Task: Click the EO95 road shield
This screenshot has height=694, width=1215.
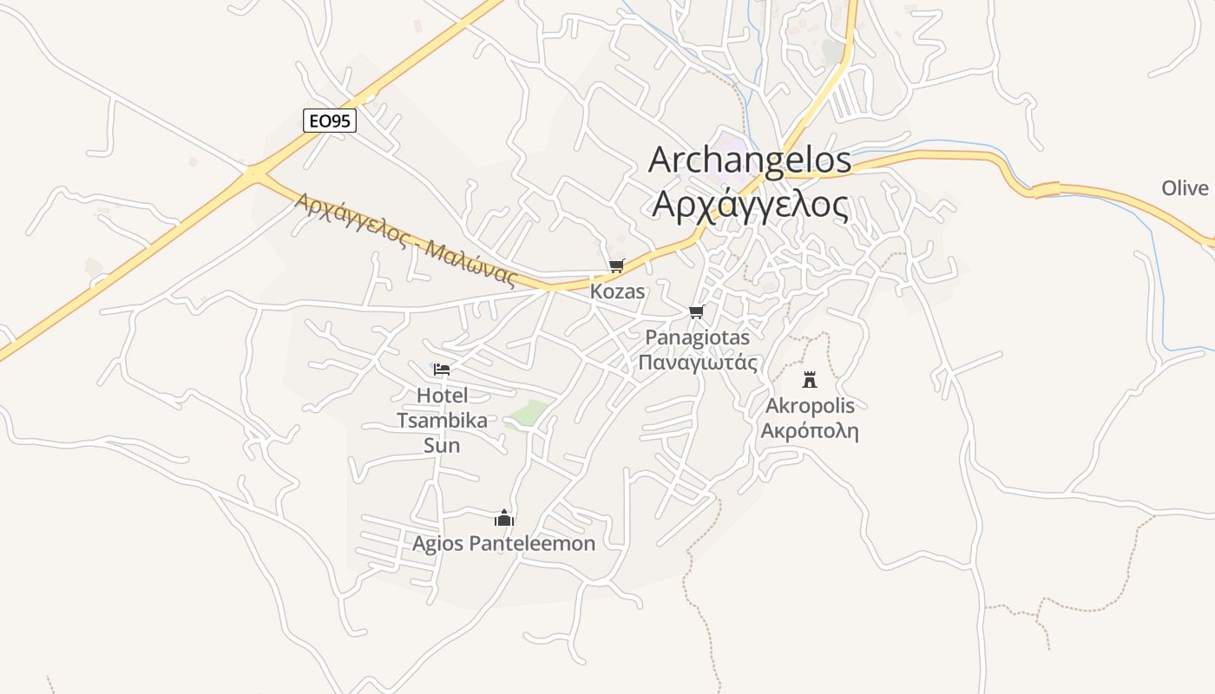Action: point(330,121)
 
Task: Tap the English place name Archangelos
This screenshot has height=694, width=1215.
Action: point(749,160)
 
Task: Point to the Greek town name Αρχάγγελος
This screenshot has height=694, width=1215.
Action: point(749,205)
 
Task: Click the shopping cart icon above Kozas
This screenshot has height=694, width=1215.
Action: point(616,266)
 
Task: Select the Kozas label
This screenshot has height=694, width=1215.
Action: point(617,291)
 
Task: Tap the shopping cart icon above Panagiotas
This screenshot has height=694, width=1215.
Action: point(696,311)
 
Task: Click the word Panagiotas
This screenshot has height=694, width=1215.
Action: point(697,337)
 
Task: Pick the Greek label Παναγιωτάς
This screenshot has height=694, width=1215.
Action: point(697,363)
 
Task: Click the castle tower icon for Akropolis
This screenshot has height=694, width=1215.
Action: point(810,379)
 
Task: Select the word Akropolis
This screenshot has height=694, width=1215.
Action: point(810,406)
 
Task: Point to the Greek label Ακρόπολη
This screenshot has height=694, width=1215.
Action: point(810,431)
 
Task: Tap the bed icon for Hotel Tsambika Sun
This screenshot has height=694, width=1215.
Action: point(442,370)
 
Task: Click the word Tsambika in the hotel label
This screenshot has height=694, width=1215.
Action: point(442,421)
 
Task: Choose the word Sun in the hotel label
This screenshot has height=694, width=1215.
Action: point(442,446)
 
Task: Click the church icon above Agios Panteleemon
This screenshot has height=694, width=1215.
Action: point(504,519)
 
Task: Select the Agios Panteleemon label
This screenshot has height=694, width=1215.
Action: point(504,544)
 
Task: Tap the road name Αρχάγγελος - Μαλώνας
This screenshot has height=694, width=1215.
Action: point(406,239)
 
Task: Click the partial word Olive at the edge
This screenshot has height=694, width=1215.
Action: point(1185,188)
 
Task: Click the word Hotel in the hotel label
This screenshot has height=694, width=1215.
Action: point(442,396)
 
